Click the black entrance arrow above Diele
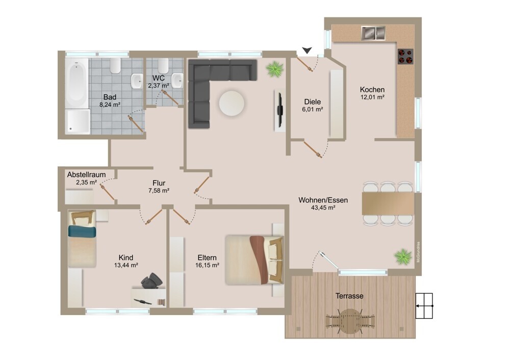click(307, 50)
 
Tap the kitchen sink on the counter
click(373, 33)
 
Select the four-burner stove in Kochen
click(405, 56)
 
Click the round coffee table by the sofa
click(231, 104)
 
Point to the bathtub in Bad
click(76, 83)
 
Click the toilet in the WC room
click(163, 66)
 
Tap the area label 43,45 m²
click(323, 208)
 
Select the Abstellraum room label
click(87, 174)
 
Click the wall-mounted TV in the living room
click(279, 111)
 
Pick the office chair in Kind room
click(151, 280)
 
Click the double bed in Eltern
click(254, 260)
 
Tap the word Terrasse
click(349, 296)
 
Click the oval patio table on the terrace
click(350, 321)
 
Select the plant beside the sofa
click(275, 69)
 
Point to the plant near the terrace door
click(403, 256)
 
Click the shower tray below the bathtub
click(78, 121)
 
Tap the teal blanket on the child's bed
click(82, 232)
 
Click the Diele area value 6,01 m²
click(313, 109)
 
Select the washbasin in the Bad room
click(137, 81)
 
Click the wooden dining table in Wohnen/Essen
click(388, 203)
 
